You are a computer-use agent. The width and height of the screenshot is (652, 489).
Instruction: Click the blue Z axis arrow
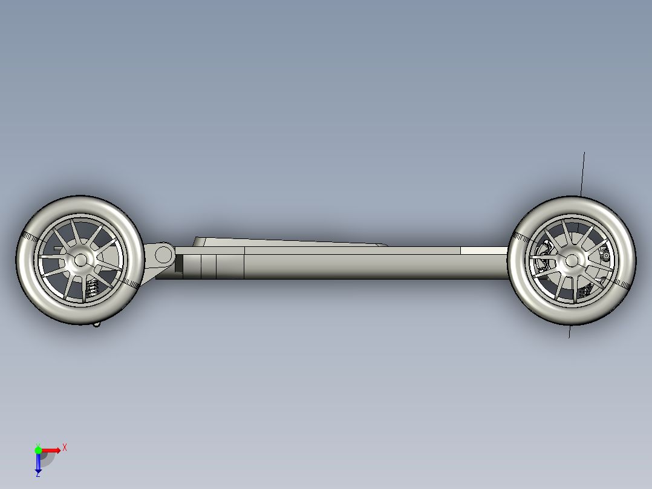[x=37, y=464]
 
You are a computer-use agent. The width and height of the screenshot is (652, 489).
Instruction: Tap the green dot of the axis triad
[x=38, y=450]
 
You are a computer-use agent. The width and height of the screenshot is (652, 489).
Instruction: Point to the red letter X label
[x=65, y=447]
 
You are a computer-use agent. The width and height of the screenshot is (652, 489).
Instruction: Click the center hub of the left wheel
[x=80, y=260]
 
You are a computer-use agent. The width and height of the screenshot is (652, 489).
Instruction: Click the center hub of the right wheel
[x=571, y=261]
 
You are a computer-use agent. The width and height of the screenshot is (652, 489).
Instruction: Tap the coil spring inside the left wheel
[x=93, y=289]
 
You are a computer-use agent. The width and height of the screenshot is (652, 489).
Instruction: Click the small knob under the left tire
[x=97, y=324]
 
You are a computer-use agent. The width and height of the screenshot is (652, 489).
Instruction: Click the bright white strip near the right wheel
[x=484, y=250]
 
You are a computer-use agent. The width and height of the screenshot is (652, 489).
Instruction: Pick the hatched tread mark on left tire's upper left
[x=33, y=236]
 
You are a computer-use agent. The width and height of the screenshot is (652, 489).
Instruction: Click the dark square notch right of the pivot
[x=179, y=263]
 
